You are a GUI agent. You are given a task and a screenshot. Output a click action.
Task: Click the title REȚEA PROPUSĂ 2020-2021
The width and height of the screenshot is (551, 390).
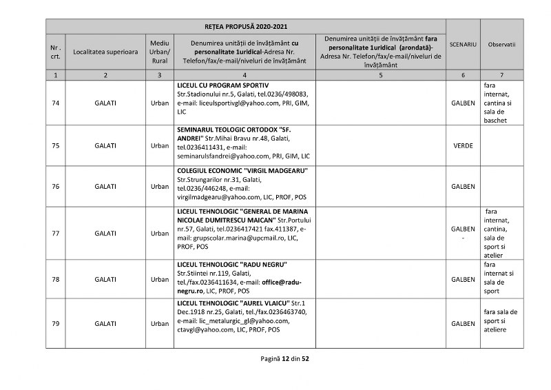(247, 27)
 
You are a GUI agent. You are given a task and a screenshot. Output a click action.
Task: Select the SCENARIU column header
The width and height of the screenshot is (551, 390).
(463, 44)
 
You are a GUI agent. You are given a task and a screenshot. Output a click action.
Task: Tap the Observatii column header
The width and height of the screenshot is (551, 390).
(501, 44)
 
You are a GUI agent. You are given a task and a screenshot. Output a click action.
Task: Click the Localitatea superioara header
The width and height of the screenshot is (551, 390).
(105, 52)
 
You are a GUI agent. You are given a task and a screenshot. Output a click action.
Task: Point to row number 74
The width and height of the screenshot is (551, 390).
(55, 103)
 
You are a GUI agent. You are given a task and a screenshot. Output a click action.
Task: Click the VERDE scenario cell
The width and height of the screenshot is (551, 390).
(463, 145)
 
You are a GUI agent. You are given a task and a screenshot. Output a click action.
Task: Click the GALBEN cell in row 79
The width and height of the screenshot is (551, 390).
(463, 323)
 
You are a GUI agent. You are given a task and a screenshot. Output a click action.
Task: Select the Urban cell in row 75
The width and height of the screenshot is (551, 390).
(160, 145)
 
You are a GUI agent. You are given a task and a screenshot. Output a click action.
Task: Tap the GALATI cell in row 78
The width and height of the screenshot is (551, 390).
(105, 279)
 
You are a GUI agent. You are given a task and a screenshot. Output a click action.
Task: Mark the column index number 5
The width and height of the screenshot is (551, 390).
(380, 74)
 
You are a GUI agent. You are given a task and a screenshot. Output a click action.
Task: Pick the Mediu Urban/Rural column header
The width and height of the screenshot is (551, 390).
(160, 52)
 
